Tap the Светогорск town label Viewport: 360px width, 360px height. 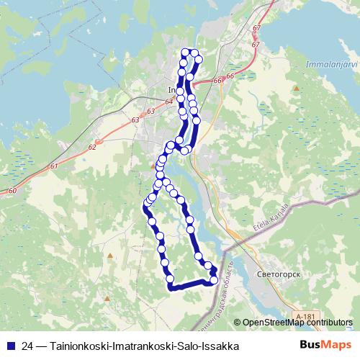[x=277, y=275]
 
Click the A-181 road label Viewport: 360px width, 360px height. [x=305, y=315]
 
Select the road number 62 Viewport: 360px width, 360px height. [x=91, y=147]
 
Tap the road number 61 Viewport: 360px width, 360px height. [x=55, y=166]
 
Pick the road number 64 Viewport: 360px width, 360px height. [x=168, y=102]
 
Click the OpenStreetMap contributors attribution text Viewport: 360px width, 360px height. [x=298, y=323]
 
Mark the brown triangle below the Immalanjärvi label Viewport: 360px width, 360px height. [x=295, y=87]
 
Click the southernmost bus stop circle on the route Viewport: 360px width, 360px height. [x=170, y=279]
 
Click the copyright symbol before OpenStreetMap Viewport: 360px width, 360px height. [x=238, y=323]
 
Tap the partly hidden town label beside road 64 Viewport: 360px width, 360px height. [x=171, y=90]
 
